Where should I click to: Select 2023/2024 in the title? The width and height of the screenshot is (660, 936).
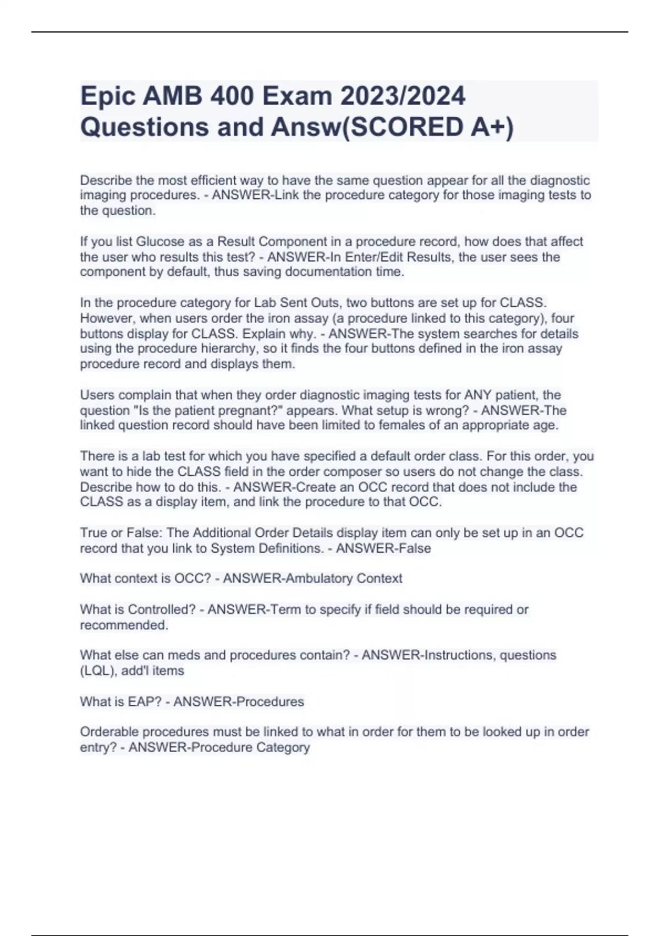(403, 96)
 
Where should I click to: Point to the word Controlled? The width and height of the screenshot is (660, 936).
(162, 610)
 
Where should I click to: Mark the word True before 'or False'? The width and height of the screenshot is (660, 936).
(94, 533)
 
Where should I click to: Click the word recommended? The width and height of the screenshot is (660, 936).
(124, 625)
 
